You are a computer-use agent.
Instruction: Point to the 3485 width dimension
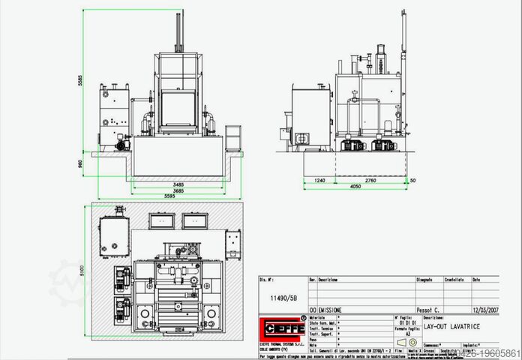[178, 184]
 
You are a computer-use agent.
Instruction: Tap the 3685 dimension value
[178, 192]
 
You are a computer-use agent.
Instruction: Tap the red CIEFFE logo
[281, 328]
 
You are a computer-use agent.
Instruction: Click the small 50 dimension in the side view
[413, 181]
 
